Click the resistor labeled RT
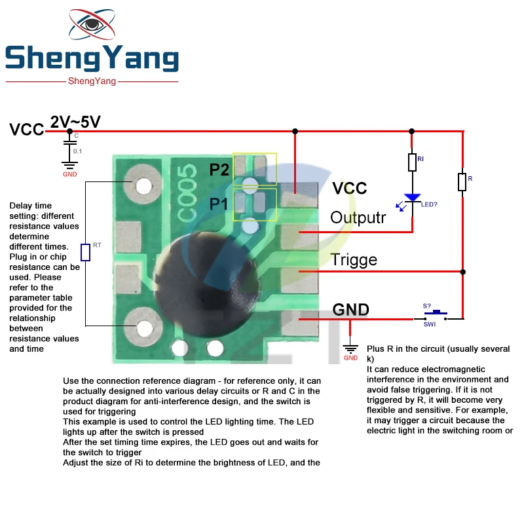(85, 252)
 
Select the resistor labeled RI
(412, 162)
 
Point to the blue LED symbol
(412, 198)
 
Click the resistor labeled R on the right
(462, 181)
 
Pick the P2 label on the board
(219, 170)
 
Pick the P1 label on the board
(219, 204)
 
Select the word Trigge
(354, 259)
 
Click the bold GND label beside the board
(351, 309)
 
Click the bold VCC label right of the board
(350, 189)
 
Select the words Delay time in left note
(30, 206)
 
